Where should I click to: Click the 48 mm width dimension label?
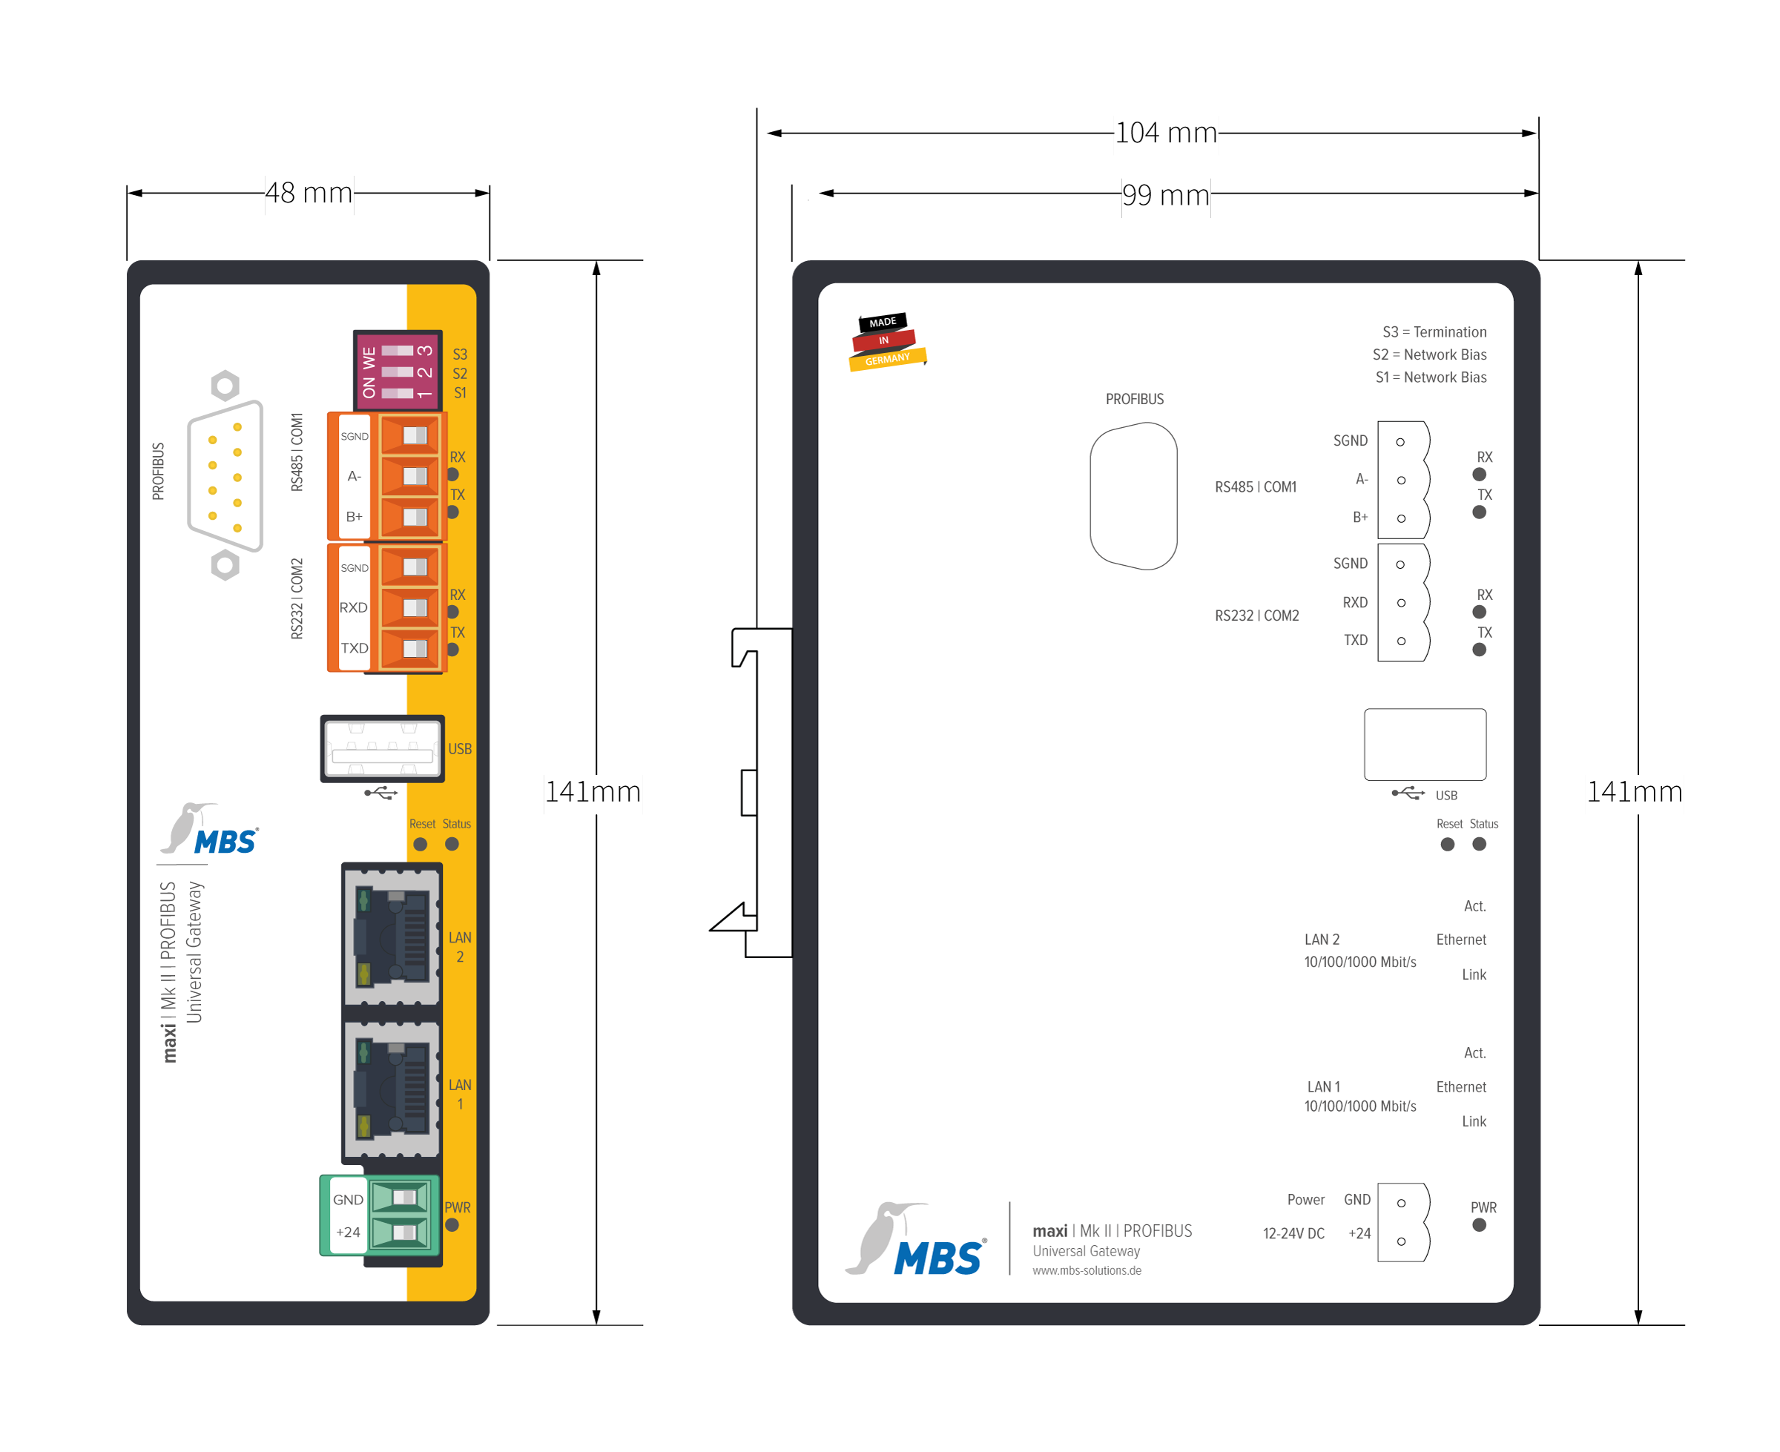[x=309, y=194]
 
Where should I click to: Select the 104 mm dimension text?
[x=1165, y=133]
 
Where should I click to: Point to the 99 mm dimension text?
[x=1165, y=195]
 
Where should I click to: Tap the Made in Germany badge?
[x=886, y=341]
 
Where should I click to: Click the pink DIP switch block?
[x=398, y=371]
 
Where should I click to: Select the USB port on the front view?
[x=382, y=748]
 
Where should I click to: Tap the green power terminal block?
[x=380, y=1215]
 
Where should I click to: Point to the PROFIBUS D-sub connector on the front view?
[x=225, y=475]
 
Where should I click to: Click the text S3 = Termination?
[x=1434, y=332]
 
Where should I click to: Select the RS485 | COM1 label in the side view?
[x=1255, y=486]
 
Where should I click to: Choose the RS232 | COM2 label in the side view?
[x=1256, y=616]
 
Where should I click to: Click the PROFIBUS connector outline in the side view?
[x=1133, y=496]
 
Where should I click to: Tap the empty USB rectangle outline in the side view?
[x=1425, y=745]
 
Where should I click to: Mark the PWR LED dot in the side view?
[x=1479, y=1225]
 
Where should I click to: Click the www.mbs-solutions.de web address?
[x=1087, y=1270]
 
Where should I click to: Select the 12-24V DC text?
[x=1293, y=1234]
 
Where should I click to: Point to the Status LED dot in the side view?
[x=1479, y=844]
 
